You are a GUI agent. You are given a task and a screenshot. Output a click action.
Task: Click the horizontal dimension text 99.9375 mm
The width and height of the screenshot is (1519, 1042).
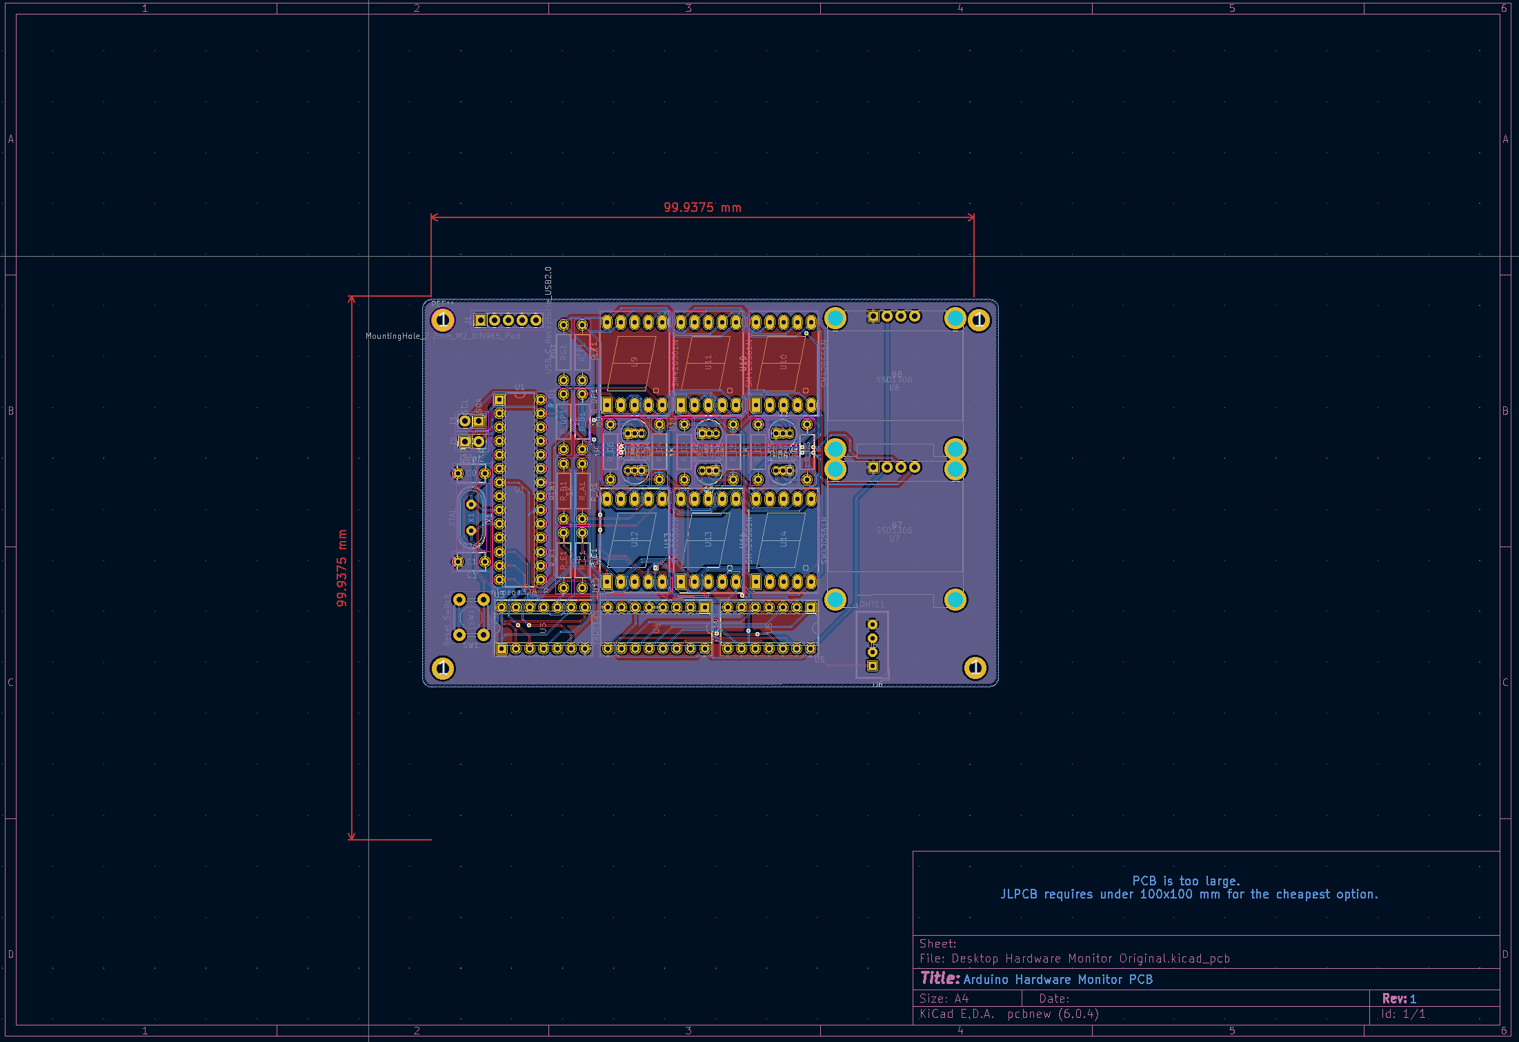pyautogui.click(x=702, y=208)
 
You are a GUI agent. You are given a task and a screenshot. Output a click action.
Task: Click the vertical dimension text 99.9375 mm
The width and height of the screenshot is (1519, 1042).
pyautogui.click(x=341, y=568)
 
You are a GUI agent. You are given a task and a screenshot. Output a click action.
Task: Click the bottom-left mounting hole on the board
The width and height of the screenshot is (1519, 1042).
pyautogui.click(x=443, y=667)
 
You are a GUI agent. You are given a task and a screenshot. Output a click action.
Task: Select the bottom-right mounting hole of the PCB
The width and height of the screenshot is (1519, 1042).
pyautogui.click(x=975, y=667)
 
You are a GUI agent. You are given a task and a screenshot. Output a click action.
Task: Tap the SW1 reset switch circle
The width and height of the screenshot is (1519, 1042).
pyautogui.click(x=472, y=617)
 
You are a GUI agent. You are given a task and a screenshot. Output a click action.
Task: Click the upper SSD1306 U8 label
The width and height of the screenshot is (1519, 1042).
pyautogui.click(x=894, y=380)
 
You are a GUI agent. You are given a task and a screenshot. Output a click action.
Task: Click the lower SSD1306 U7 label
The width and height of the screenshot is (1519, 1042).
pyautogui.click(x=894, y=531)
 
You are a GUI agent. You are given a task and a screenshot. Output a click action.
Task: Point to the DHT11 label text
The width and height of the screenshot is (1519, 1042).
pyautogui.click(x=872, y=604)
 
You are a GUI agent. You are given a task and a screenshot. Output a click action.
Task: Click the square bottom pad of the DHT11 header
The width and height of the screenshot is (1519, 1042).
pyautogui.click(x=873, y=666)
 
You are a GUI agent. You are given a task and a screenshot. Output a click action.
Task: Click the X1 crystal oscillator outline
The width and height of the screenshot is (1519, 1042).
pyautogui.click(x=471, y=517)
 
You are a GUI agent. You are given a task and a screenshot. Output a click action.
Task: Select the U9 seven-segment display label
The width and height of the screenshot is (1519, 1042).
pyautogui.click(x=634, y=362)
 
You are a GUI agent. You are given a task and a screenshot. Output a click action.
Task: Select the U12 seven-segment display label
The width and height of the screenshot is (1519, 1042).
pyautogui.click(x=634, y=538)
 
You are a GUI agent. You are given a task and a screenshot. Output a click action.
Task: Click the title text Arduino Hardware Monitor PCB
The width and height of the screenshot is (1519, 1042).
pyautogui.click(x=1058, y=980)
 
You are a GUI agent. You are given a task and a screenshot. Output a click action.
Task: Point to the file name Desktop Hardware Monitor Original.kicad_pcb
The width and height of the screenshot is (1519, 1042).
pyautogui.click(x=1090, y=959)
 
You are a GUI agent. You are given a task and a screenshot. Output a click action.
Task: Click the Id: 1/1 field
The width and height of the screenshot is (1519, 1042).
pyautogui.click(x=1402, y=1014)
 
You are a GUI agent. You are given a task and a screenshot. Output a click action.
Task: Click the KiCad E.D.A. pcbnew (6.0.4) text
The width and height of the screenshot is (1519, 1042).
pyautogui.click(x=1009, y=1014)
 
